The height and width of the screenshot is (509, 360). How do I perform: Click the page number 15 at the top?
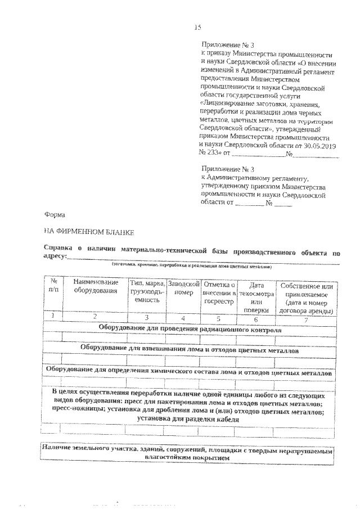197,26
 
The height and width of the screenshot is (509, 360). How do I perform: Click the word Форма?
55,214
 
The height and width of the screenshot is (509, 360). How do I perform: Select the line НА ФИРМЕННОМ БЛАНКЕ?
88,231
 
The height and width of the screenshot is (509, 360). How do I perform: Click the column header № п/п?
53,285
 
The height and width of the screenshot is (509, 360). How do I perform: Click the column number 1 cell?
53,317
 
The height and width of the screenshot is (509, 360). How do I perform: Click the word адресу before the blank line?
55,256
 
